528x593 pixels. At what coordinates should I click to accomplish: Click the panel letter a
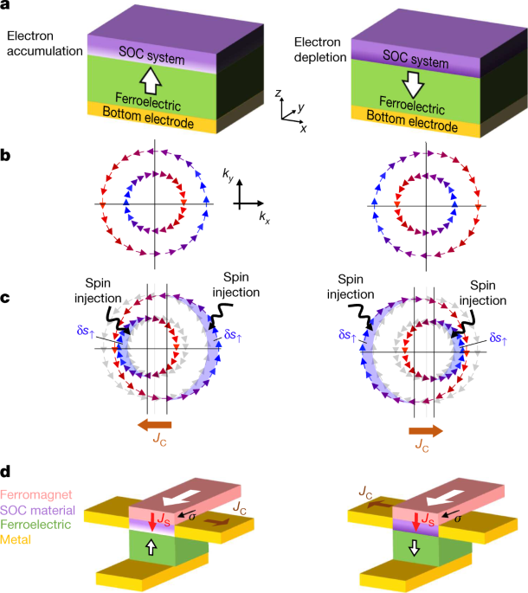[6, 8]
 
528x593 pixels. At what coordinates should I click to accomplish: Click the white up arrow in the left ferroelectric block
[152, 81]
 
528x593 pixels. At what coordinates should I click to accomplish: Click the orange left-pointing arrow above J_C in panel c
[155, 424]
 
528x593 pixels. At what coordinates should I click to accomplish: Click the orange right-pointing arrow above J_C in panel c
[425, 429]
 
